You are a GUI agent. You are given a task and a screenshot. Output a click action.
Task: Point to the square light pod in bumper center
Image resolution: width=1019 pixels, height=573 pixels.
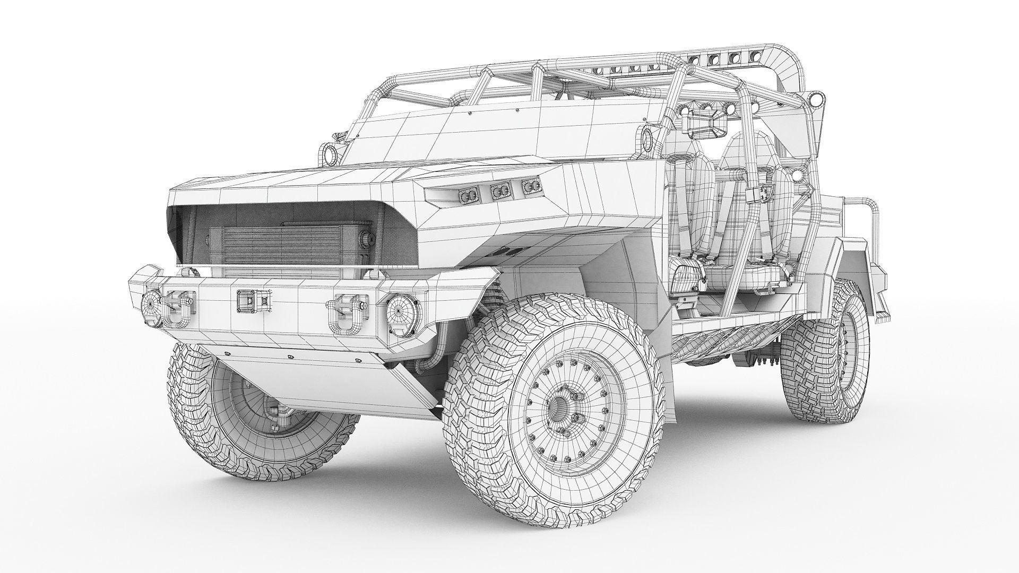[x=246, y=301]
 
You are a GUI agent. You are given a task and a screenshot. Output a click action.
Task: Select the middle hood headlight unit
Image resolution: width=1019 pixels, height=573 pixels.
[x=499, y=191]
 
